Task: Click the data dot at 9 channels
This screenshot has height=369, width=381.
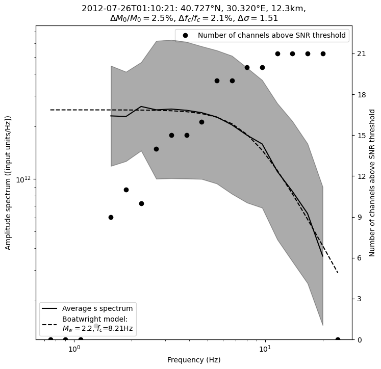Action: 111,217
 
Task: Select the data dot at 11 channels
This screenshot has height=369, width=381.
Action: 126,190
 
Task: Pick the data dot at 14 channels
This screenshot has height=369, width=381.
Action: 156,149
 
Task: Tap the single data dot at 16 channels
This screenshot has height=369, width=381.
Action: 201,122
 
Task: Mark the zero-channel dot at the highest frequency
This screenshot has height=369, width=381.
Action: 338,339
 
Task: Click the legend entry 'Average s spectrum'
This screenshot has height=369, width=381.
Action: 97,308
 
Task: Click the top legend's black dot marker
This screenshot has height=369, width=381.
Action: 186,35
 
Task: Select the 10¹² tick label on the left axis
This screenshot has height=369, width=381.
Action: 24,179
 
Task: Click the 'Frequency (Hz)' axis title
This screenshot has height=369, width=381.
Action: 194,360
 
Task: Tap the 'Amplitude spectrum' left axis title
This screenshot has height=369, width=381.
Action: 8,182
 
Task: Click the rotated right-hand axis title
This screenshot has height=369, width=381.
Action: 372,182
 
